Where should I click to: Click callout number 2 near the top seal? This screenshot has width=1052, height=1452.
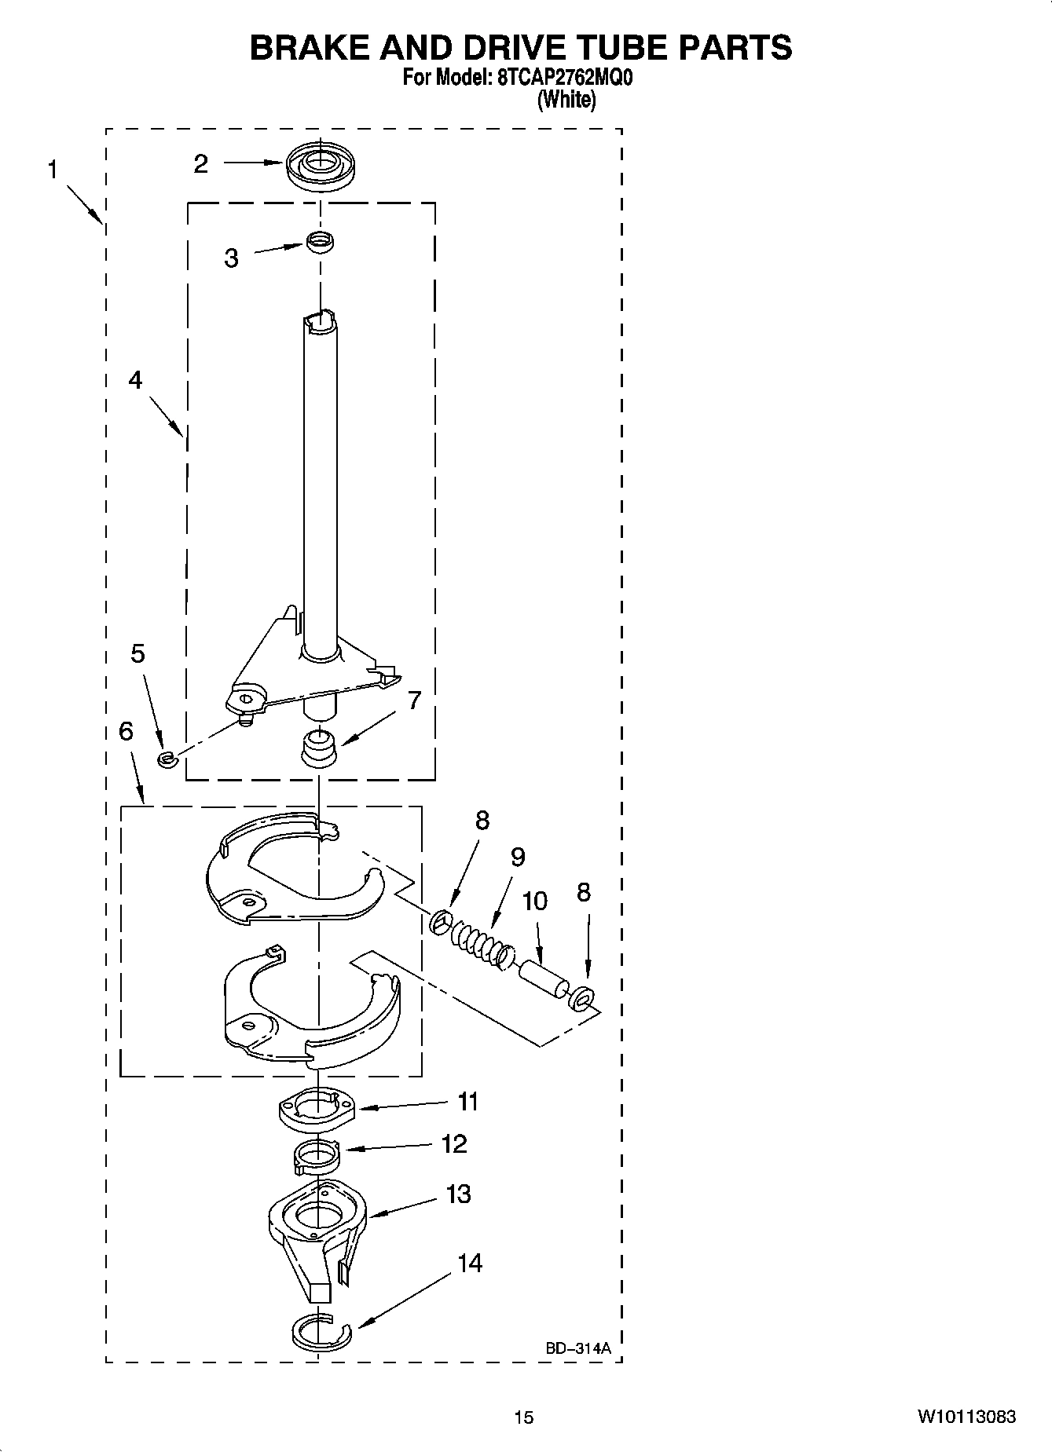(x=201, y=163)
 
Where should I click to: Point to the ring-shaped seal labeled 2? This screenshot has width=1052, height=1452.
(x=319, y=166)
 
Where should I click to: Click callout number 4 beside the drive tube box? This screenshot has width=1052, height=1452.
(x=135, y=380)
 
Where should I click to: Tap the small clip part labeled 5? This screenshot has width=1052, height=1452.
(x=166, y=759)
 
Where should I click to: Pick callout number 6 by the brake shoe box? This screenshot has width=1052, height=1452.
(x=126, y=731)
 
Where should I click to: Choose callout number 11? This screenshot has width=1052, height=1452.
(x=468, y=1102)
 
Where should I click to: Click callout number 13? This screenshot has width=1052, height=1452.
(x=458, y=1194)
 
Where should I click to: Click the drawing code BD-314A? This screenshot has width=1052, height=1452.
(x=578, y=1348)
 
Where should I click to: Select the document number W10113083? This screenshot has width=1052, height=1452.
(x=966, y=1417)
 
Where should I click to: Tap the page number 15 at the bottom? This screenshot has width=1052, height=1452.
(x=524, y=1417)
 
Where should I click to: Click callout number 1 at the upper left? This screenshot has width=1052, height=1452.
(x=52, y=170)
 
